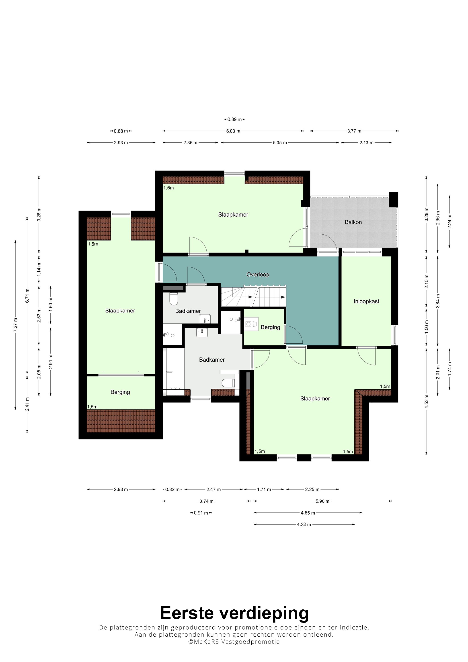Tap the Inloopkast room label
[x=366, y=301]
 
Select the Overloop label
[x=257, y=275]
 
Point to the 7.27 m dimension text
[x=16, y=325]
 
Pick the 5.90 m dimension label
[x=322, y=501]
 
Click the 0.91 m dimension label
[x=201, y=513]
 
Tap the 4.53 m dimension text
[x=427, y=401]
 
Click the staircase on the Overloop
[x=253, y=296]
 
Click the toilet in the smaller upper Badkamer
[x=174, y=299]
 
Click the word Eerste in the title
[x=187, y=613]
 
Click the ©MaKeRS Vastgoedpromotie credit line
[x=234, y=642]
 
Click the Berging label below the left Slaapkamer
[x=120, y=392]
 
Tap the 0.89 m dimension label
[x=234, y=119]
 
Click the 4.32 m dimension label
[x=304, y=525]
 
